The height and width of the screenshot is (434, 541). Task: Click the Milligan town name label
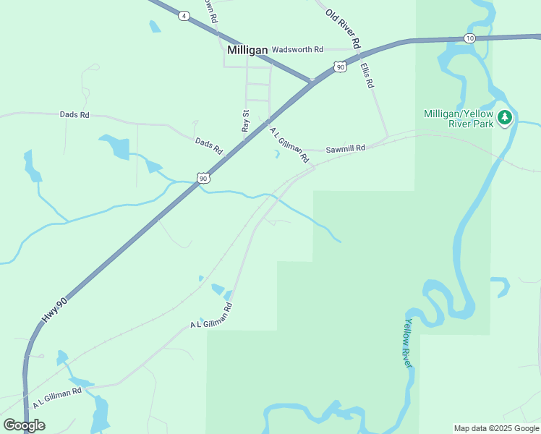pyautogui.click(x=247, y=50)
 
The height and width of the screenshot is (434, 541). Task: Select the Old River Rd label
pyautogui.click(x=342, y=28)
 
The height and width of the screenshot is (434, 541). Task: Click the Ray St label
pyautogui.click(x=245, y=121)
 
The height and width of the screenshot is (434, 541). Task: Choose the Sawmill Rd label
pyautogui.click(x=345, y=148)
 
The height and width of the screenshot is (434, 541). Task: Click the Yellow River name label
pyautogui.click(x=408, y=343)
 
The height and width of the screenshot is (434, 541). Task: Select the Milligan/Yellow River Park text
pyautogui.click(x=459, y=119)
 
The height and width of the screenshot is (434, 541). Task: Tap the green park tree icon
pyautogui.click(x=505, y=118)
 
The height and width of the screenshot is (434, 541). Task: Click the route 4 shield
pyautogui.click(x=184, y=16)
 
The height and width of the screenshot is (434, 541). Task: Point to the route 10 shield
pyautogui.click(x=470, y=38)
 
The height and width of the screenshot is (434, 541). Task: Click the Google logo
pyautogui.click(x=24, y=425)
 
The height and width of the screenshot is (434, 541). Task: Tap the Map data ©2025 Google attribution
pyautogui.click(x=497, y=428)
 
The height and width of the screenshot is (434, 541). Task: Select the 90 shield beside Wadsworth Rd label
pyautogui.click(x=340, y=67)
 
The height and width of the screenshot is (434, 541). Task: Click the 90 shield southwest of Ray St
pyautogui.click(x=203, y=178)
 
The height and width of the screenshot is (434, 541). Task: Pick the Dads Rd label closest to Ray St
pyautogui.click(x=208, y=145)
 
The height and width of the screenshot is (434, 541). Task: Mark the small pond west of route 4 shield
pyautogui.click(x=154, y=27)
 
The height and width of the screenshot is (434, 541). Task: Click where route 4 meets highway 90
pyautogui.click(x=311, y=80)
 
